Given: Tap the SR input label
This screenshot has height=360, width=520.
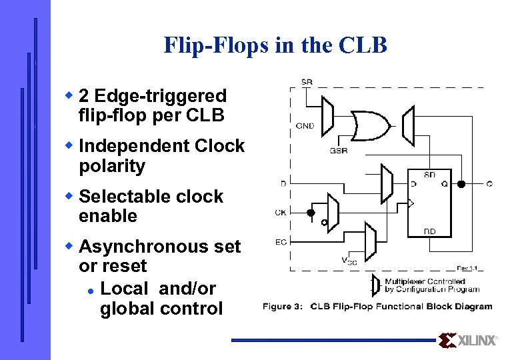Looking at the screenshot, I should pyautogui.click(x=307, y=82).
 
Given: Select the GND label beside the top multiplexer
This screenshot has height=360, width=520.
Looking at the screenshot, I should pyautogui.click(x=305, y=126).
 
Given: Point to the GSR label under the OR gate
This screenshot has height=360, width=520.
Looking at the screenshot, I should pyautogui.click(x=338, y=150).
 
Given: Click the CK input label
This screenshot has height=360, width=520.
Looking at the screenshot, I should pyautogui.click(x=281, y=213).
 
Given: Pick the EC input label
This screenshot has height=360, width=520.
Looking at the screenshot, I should pyautogui.click(x=281, y=242).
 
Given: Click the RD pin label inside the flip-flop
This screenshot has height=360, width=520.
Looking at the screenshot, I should pyautogui.click(x=430, y=231).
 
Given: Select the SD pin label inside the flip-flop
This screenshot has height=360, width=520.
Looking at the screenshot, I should pyautogui.click(x=430, y=175).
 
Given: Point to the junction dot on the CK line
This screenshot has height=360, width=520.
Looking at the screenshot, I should pyautogui.click(x=310, y=213).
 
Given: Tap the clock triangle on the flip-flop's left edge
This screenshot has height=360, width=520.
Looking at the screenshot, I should pyautogui.click(x=411, y=202).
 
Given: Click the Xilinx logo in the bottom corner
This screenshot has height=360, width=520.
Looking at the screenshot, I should pyautogui.click(x=468, y=340).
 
